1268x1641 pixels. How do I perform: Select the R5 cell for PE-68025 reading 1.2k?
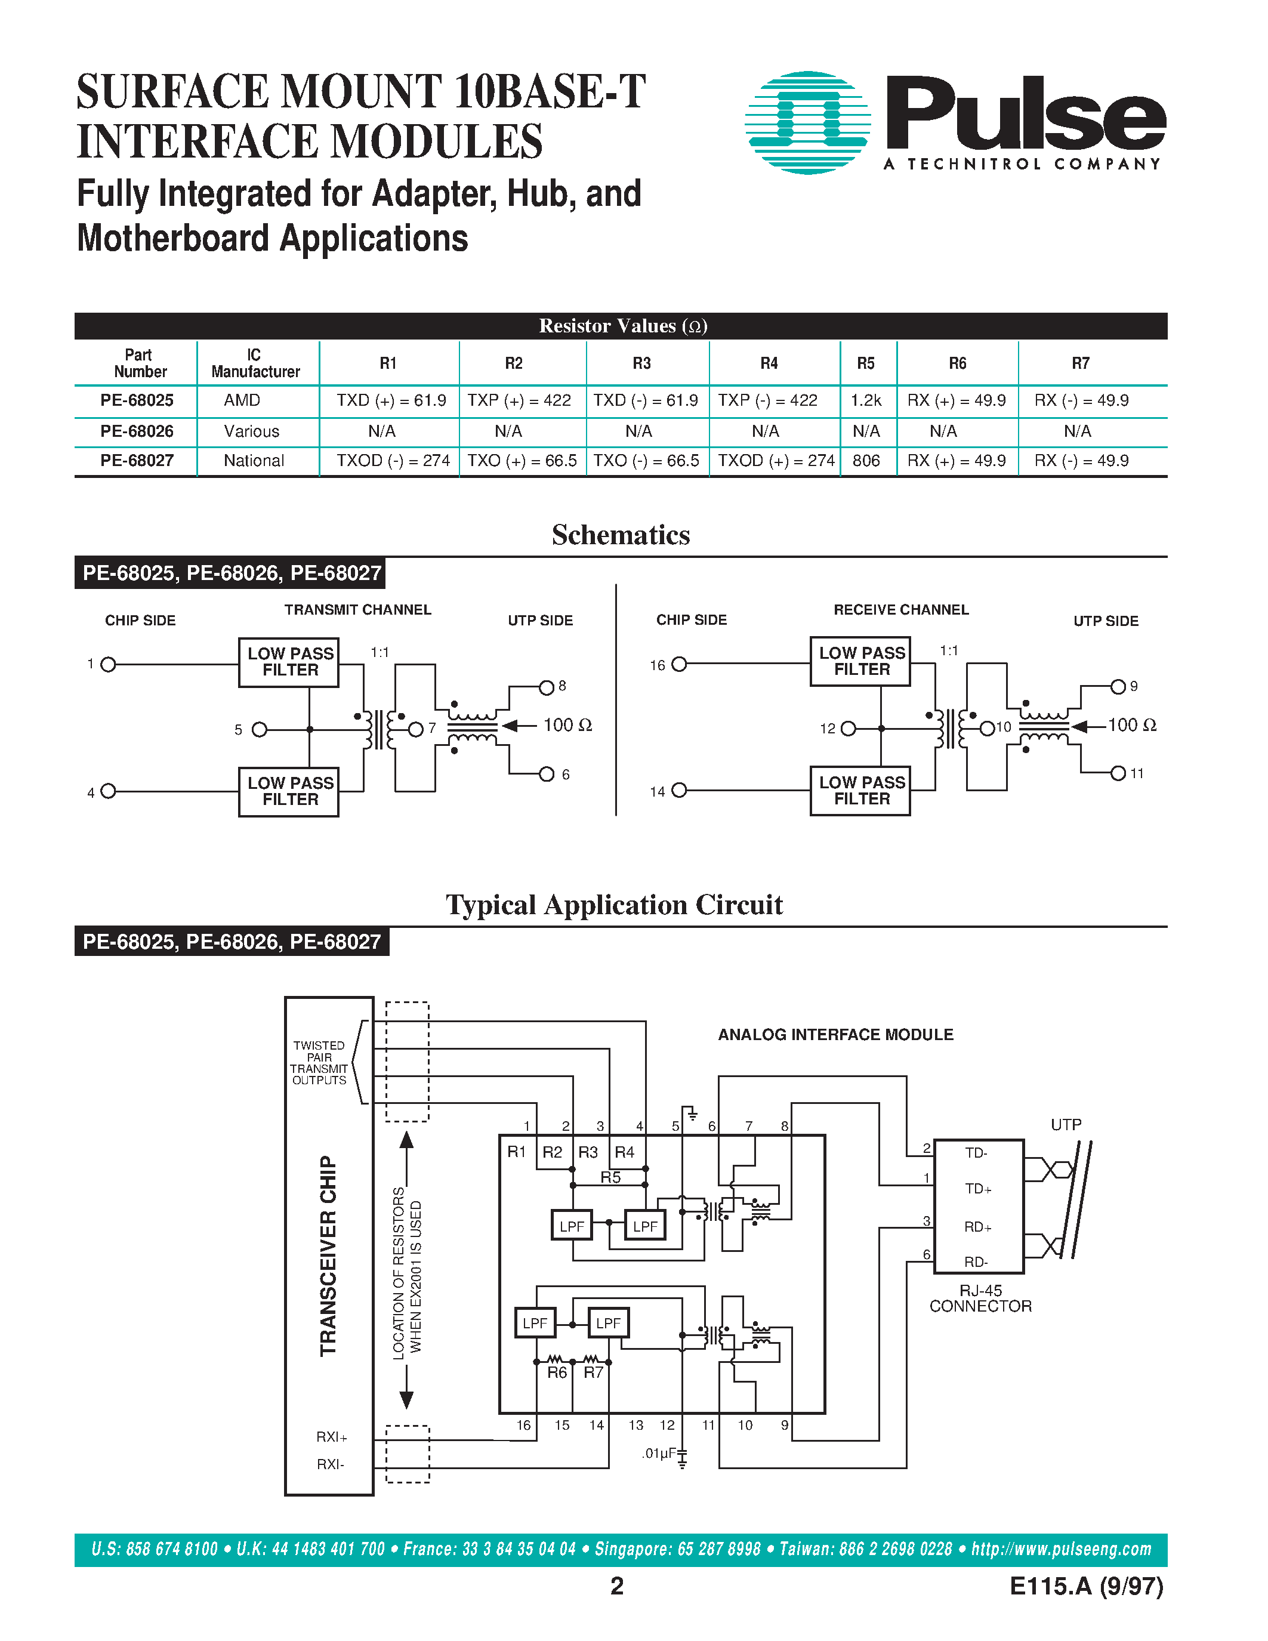tap(865, 400)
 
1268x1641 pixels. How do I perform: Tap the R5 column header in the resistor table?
tap(865, 363)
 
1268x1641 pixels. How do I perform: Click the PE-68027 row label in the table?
tap(137, 461)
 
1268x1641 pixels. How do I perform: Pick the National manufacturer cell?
tap(254, 461)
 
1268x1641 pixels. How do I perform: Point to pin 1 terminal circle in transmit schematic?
tap(108, 664)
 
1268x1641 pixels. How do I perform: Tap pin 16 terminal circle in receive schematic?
tap(679, 664)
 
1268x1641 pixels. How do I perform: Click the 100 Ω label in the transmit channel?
tap(567, 725)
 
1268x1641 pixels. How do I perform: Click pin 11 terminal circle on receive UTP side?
tap(1118, 773)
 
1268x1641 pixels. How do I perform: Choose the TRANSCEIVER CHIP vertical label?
tap(328, 1256)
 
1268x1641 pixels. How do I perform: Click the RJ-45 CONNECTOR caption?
tap(980, 1298)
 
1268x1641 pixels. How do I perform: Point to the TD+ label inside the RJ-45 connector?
tap(978, 1189)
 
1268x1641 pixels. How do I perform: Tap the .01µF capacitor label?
tap(659, 1453)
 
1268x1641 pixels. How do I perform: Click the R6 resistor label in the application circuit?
tap(557, 1372)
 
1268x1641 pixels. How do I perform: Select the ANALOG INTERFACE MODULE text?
tap(835, 1035)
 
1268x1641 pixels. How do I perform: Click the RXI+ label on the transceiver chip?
tap(331, 1437)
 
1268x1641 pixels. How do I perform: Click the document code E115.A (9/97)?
tap(1086, 1586)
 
